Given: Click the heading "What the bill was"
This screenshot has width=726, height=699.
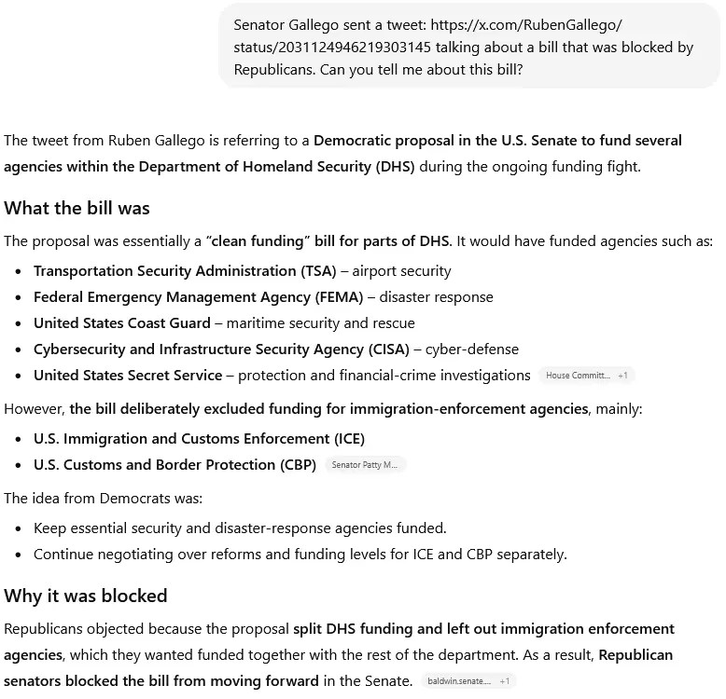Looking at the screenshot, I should coord(77,208).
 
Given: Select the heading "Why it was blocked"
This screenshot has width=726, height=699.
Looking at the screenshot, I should coord(85,596).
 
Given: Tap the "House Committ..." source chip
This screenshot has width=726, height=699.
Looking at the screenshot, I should coord(578,376).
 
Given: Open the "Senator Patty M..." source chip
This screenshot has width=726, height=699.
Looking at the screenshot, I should coord(364,465).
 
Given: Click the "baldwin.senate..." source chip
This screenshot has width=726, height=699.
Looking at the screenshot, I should coord(459,681).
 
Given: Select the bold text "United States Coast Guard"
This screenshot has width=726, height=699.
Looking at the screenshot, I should coord(121,323).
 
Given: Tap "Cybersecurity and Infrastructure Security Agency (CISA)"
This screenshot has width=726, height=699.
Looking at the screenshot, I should coord(221,349).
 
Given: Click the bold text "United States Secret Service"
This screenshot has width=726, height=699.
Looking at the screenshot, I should coord(128,376).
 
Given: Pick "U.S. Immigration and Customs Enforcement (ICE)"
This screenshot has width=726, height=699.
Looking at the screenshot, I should coord(199,438).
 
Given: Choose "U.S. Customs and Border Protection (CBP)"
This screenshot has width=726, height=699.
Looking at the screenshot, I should coord(175,464).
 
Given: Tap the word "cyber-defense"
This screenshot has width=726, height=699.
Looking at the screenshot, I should coord(471,349).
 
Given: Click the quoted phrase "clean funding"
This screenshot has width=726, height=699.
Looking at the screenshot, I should coord(258,241).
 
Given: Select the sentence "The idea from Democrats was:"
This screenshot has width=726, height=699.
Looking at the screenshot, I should coord(103,498).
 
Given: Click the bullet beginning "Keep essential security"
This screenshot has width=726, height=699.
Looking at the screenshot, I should coord(240,528).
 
